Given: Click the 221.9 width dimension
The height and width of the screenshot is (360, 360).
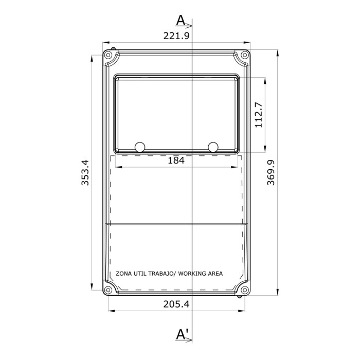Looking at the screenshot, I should [x=176, y=35].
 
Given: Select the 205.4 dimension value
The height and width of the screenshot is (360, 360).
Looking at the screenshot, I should [x=176, y=304].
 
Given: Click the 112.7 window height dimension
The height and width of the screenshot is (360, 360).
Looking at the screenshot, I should [x=258, y=114].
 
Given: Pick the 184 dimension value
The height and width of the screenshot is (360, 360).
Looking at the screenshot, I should [x=176, y=160].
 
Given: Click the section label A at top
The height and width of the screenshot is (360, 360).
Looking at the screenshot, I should [x=181, y=20].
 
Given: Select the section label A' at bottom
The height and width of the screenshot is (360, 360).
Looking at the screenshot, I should [x=182, y=334].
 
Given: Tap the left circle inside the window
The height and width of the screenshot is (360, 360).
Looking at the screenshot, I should [x=140, y=147].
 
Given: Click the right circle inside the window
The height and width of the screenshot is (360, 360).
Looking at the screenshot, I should [x=213, y=147].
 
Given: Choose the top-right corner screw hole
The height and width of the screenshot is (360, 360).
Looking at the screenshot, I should [x=244, y=55].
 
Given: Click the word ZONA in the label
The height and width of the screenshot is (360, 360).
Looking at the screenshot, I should [x=123, y=274].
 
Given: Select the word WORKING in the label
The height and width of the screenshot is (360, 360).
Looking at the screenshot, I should [x=193, y=274].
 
